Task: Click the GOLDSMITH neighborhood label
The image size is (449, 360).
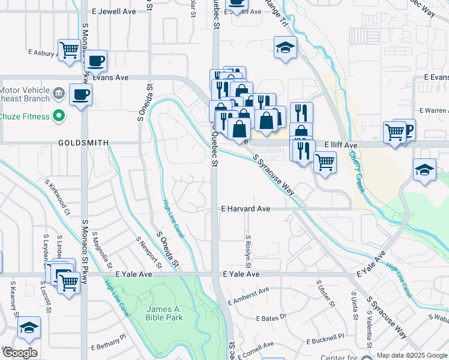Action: click(x=83, y=143)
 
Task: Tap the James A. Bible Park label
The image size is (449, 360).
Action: click(x=164, y=313)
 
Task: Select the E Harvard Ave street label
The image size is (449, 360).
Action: click(x=245, y=209)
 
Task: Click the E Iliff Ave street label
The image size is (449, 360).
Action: click(x=341, y=145)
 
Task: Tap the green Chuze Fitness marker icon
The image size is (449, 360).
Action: click(x=59, y=115)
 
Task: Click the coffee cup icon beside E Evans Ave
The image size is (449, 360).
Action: click(x=80, y=94)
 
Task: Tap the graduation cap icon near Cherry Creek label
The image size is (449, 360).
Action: click(x=424, y=170)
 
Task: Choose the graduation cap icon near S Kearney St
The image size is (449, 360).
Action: click(x=29, y=328)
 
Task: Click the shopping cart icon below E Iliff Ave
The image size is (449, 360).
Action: click(x=325, y=161)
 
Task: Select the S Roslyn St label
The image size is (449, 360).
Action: click(x=248, y=252)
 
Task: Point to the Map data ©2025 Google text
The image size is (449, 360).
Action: click(x=412, y=355)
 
